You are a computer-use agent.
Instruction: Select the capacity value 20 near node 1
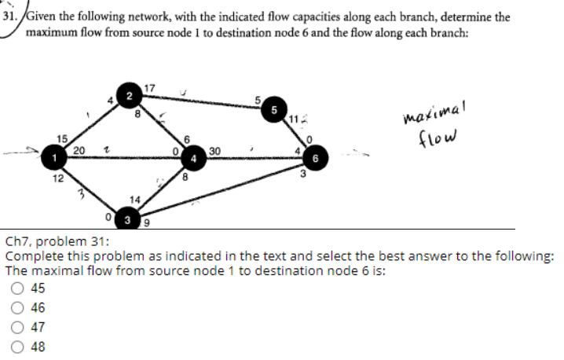[79, 151]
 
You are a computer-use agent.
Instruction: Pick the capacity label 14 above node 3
[135, 200]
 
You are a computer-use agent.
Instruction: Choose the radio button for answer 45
[17, 288]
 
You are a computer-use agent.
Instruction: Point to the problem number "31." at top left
[13, 15]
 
